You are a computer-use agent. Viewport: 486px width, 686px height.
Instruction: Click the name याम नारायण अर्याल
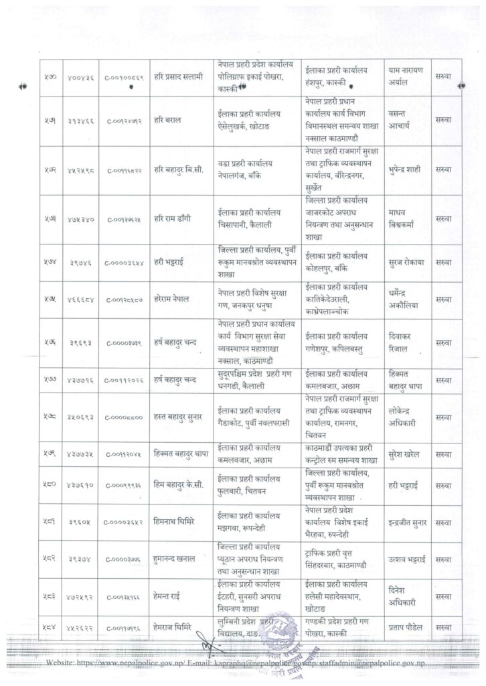tap(406, 79)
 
